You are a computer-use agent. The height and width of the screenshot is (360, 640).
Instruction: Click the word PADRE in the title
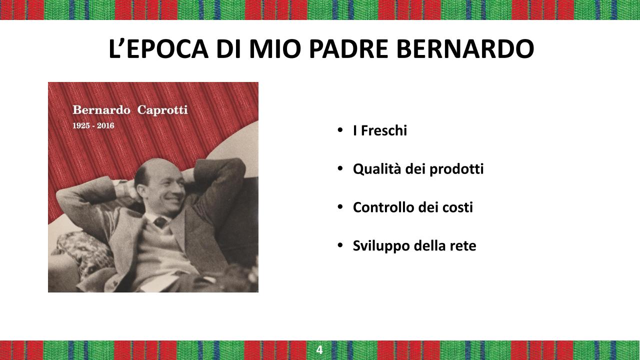pyautogui.click(x=348, y=49)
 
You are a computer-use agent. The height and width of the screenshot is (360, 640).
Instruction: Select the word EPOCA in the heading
pyautogui.click(x=167, y=49)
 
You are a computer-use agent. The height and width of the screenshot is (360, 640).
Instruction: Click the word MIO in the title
pyautogui.click(x=275, y=49)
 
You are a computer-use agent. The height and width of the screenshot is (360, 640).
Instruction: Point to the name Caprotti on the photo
pyautogui.click(x=162, y=110)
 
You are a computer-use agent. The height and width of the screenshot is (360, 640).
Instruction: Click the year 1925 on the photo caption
pyautogui.click(x=81, y=125)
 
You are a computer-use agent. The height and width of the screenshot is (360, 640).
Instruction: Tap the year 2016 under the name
pyautogui.click(x=105, y=125)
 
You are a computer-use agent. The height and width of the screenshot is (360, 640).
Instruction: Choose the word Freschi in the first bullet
pyautogui.click(x=384, y=130)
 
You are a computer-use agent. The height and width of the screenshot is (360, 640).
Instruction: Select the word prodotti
pyautogui.click(x=456, y=169)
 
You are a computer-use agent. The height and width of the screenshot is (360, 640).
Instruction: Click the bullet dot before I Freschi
pyautogui.click(x=340, y=130)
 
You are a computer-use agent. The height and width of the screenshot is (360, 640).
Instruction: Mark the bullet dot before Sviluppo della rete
pyautogui.click(x=340, y=245)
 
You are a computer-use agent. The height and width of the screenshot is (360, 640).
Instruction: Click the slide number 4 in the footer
pyautogui.click(x=319, y=350)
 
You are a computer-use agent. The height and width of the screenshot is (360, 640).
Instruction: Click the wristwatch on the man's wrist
pyautogui.click(x=121, y=188)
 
